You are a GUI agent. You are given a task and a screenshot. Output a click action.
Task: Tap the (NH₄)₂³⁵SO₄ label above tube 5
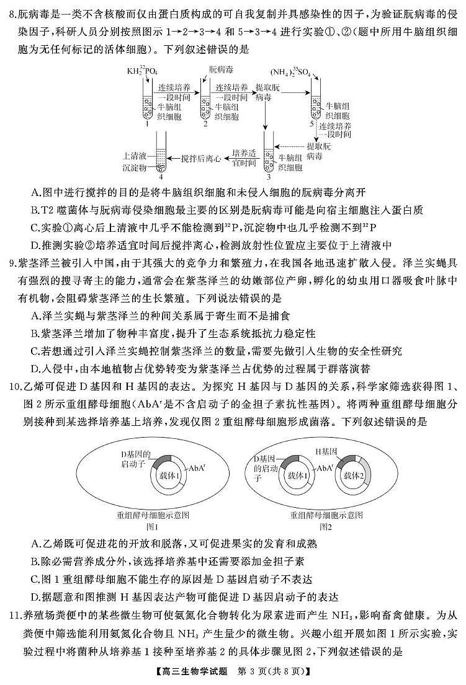pos(295,72)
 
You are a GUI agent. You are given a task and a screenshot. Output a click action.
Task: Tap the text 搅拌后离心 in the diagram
pos(200,159)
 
